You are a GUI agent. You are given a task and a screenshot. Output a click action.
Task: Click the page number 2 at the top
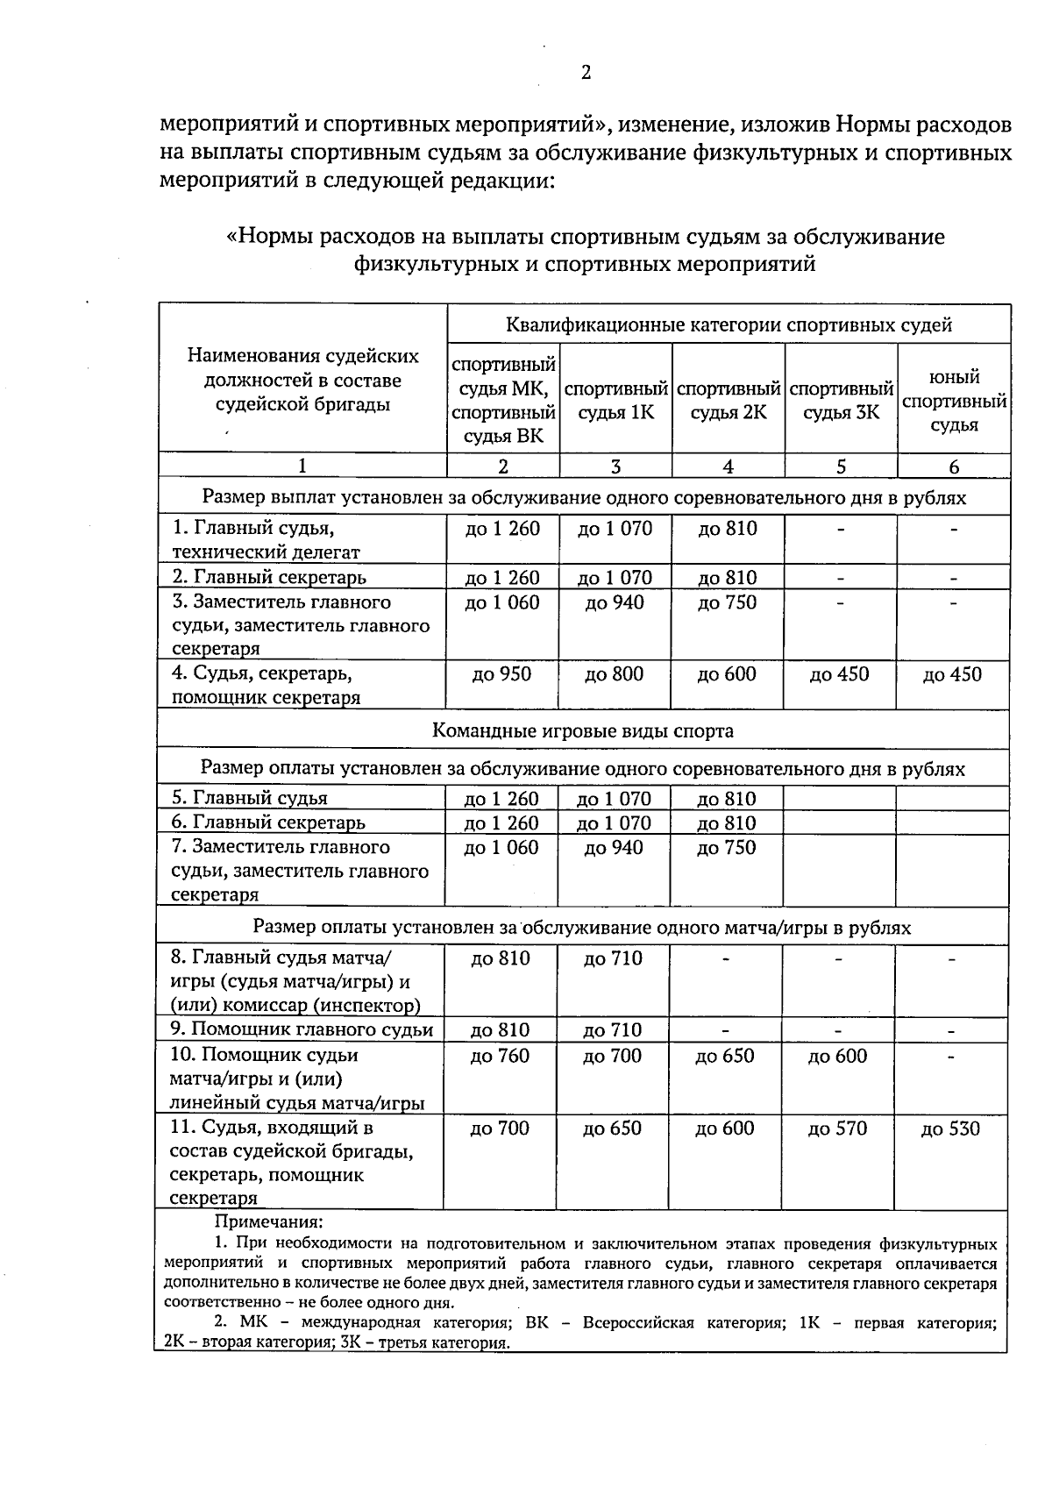586,73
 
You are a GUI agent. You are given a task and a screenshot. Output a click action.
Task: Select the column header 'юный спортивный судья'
954,401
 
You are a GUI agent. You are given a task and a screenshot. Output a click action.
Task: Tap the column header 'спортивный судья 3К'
841,400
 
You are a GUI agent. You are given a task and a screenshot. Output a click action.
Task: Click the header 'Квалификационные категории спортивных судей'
729,325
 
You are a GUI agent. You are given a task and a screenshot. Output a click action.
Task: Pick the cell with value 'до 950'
501,674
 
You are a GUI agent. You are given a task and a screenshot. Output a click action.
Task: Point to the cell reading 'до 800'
614,674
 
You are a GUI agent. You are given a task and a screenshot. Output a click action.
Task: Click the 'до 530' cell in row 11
950,1129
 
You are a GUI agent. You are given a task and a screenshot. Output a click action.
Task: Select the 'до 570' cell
837,1128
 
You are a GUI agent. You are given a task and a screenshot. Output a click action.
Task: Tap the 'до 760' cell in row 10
500,1056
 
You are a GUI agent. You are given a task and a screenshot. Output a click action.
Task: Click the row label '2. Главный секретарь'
269,577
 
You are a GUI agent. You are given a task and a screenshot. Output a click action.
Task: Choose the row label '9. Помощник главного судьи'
302,1029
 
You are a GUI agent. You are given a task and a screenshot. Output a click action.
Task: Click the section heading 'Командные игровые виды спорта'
583,730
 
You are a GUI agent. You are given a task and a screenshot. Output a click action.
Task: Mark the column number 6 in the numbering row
954,467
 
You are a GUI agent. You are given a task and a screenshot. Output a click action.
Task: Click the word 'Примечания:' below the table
269,1221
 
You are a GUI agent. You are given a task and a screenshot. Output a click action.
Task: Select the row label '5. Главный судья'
250,798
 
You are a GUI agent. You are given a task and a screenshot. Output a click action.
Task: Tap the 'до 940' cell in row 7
613,848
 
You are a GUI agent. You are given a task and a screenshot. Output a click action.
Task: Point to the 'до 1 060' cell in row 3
502,602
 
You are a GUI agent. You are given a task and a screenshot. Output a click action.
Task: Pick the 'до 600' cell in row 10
837,1056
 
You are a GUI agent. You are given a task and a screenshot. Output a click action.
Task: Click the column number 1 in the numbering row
302,466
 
